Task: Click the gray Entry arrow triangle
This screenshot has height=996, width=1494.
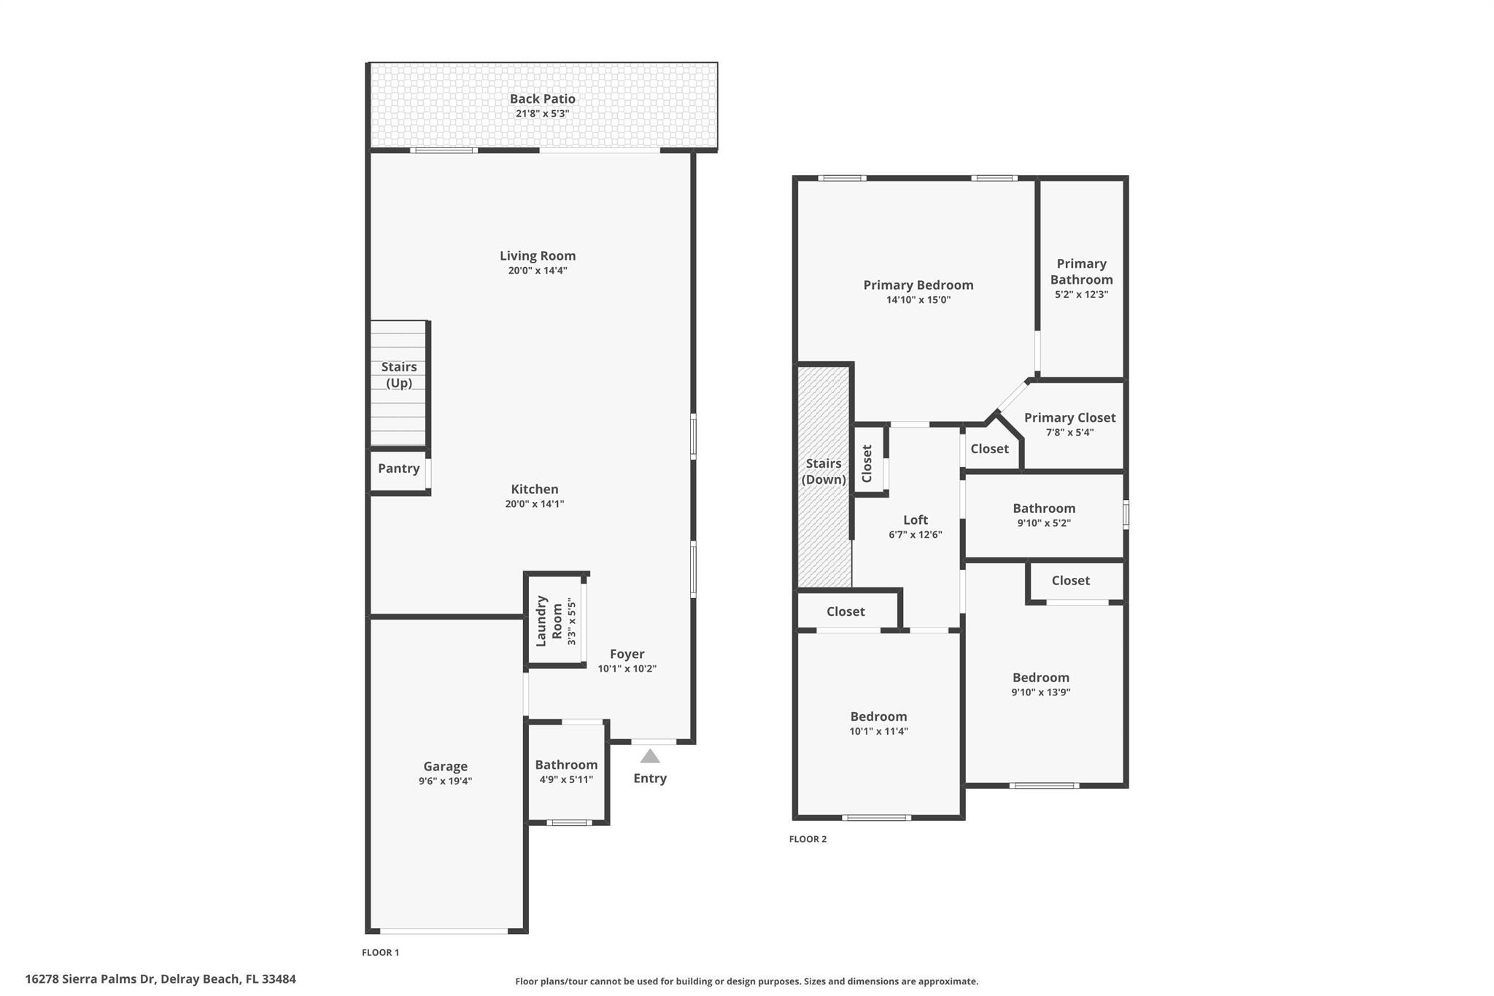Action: [650, 757]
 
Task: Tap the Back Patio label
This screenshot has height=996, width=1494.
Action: [542, 99]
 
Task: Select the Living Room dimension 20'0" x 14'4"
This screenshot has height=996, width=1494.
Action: [538, 271]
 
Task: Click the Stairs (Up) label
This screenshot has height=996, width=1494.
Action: [399, 374]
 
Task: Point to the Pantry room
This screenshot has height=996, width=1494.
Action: [398, 468]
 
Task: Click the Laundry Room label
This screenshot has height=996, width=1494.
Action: [549, 621]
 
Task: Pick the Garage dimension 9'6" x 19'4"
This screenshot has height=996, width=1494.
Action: [445, 781]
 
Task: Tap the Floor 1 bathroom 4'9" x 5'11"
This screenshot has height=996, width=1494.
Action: [566, 771]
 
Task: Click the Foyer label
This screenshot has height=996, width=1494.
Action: [627, 654]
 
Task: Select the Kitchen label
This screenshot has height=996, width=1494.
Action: [535, 489]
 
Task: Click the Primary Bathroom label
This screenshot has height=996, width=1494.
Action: [1081, 271]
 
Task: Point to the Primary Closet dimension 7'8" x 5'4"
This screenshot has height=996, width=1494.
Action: [1069, 432]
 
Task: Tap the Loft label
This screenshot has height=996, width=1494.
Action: [916, 520]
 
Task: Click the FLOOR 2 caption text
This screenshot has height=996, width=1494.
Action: [808, 839]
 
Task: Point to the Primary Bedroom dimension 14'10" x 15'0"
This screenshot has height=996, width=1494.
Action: [918, 300]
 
